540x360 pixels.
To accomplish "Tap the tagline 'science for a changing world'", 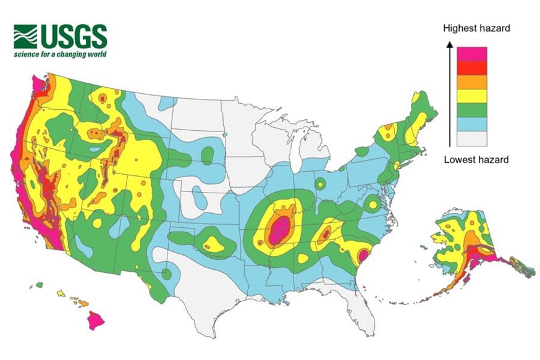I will coord(61,54).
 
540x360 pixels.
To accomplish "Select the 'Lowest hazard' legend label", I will coord(476,160).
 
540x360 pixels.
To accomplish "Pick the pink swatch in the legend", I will coord(471,54).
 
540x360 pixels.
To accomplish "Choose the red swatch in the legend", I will coord(471,68).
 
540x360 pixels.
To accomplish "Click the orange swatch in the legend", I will coord(471,82).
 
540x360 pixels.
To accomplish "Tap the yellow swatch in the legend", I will coord(471,96).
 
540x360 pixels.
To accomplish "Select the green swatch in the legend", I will coord(471,109).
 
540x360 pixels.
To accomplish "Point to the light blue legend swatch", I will coord(471,123).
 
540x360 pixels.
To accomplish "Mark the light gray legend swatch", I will coord(471,138).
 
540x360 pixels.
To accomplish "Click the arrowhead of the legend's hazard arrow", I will coord(450,44).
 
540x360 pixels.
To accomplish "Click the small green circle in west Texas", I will coord(167,274).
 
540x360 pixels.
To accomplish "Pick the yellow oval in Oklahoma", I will coord(213,243).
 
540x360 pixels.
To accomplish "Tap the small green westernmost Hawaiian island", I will coord(39,285).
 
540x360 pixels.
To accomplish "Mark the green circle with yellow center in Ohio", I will coord(321,183).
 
